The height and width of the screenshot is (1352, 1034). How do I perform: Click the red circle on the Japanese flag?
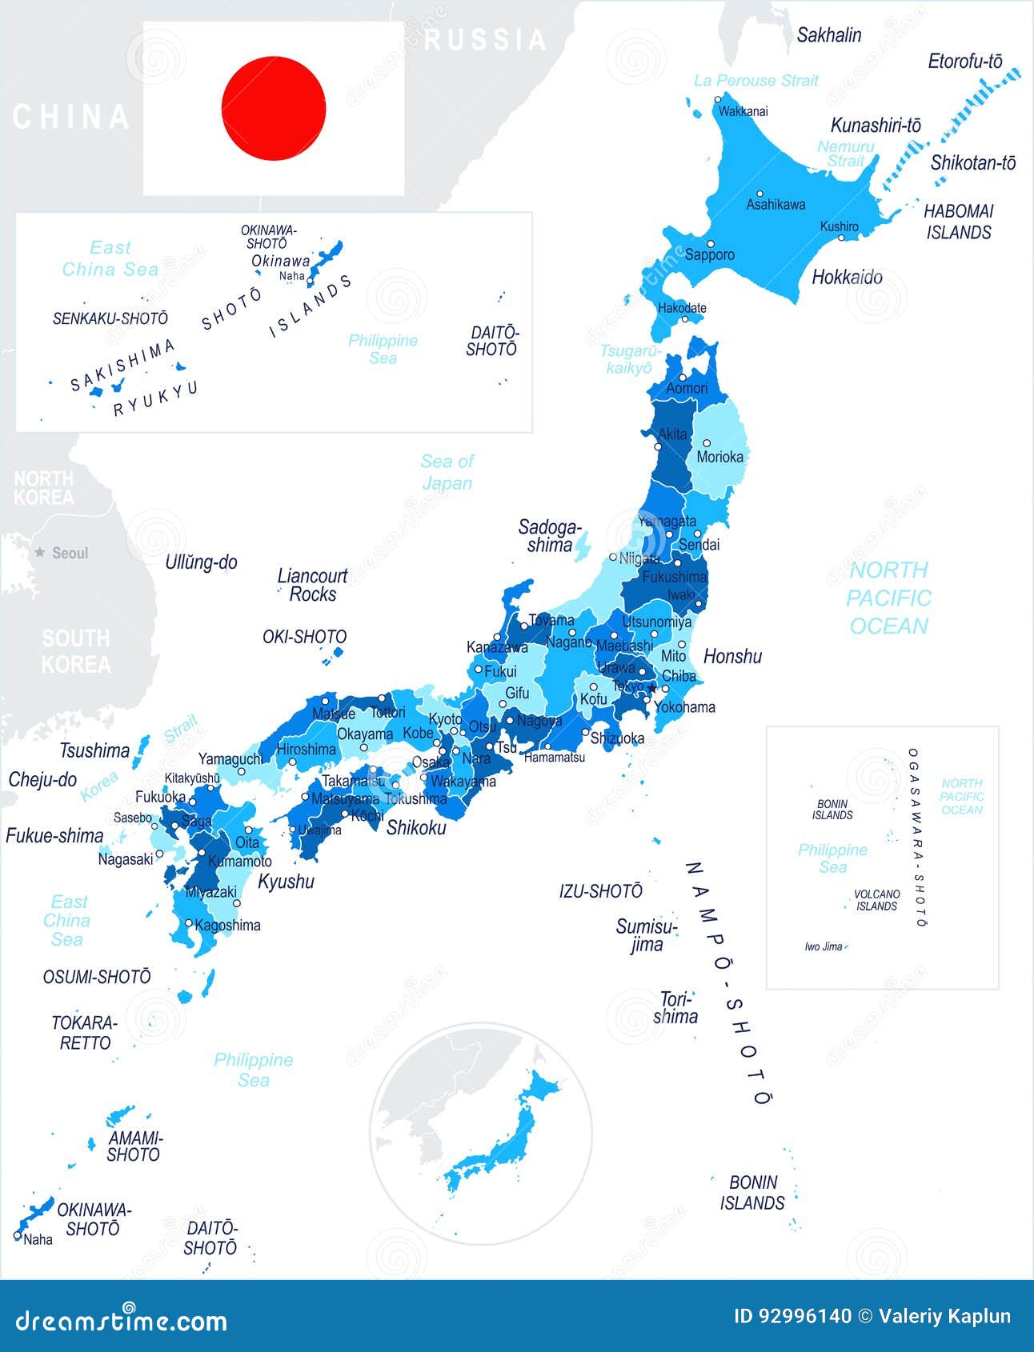click(274, 108)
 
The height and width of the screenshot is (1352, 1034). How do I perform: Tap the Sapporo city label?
click(709, 255)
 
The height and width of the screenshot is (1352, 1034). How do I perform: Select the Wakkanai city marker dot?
click(718, 100)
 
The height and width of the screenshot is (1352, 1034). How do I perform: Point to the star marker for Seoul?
click(40, 552)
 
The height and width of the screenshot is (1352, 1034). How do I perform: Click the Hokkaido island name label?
click(847, 278)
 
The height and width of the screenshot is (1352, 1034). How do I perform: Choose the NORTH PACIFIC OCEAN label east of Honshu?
click(888, 598)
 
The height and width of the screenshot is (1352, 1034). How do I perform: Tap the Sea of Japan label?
click(447, 472)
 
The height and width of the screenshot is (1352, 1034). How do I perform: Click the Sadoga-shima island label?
click(549, 536)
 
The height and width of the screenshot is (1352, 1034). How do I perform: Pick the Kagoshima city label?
click(227, 926)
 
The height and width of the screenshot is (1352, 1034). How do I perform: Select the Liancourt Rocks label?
click(312, 585)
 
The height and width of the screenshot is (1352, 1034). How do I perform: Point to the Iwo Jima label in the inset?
click(824, 946)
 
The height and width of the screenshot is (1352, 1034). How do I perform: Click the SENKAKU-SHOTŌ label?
click(110, 318)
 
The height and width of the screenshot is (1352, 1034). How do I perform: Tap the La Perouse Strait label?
click(755, 80)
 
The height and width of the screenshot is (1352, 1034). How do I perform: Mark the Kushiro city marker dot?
click(840, 237)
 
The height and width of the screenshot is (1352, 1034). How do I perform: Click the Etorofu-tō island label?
click(964, 62)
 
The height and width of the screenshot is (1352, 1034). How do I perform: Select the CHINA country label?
click(70, 118)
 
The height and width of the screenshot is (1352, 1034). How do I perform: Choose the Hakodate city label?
click(682, 307)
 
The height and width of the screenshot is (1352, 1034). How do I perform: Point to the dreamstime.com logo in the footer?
click(121, 1320)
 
